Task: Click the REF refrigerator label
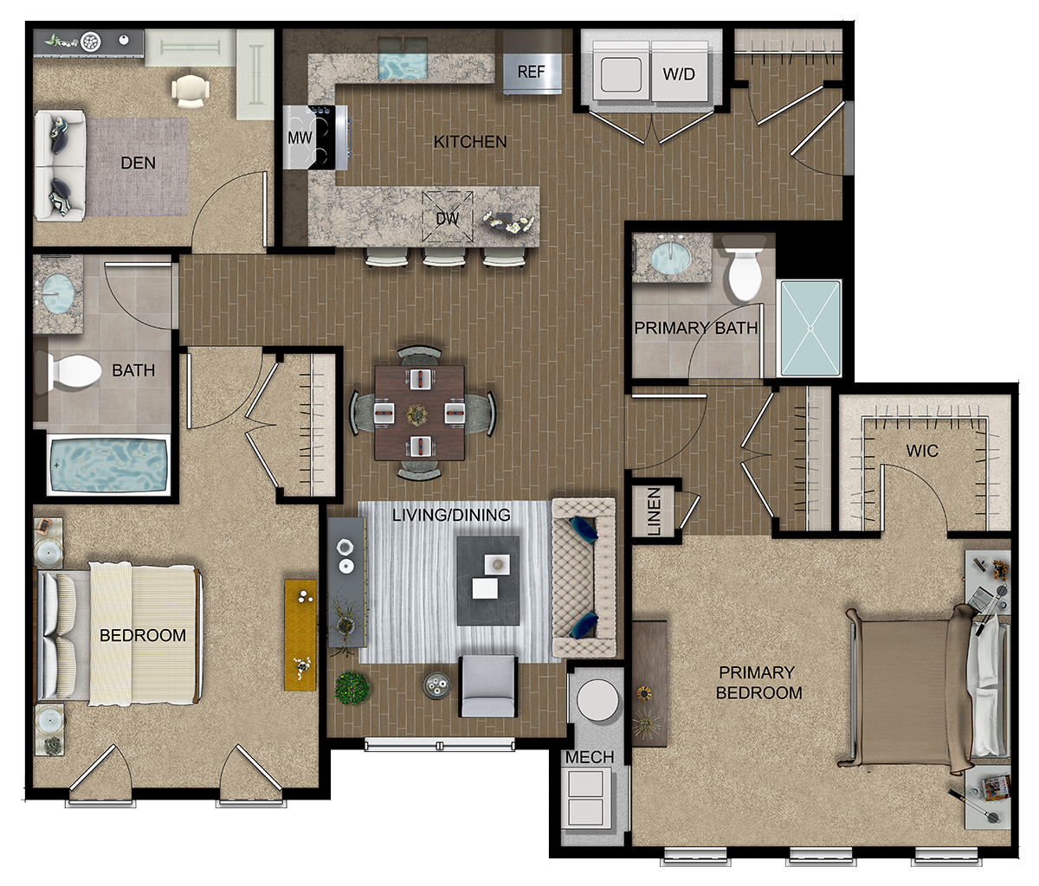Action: point(531,72)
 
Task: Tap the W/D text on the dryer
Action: point(679,74)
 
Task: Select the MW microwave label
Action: point(300,138)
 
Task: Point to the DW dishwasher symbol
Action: point(448,217)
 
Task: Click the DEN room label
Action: point(139,163)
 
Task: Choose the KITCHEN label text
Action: point(470,142)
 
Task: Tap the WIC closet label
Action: point(922,451)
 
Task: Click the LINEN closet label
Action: point(654,511)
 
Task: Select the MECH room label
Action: point(590,757)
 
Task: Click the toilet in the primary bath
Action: point(745,271)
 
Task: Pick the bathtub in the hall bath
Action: point(108,465)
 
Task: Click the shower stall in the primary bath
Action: point(810,328)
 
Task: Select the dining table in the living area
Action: point(419,413)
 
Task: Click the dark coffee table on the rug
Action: point(488,581)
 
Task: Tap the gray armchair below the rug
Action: point(487,685)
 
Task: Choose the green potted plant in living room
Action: point(352,688)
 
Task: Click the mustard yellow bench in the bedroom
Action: point(300,635)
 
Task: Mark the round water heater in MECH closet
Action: point(597,700)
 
